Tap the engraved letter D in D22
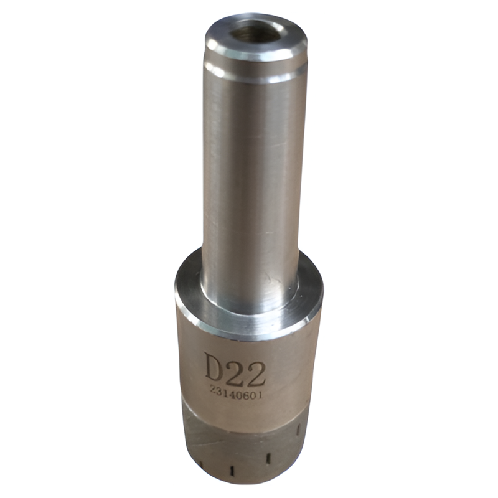[x=215, y=367]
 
